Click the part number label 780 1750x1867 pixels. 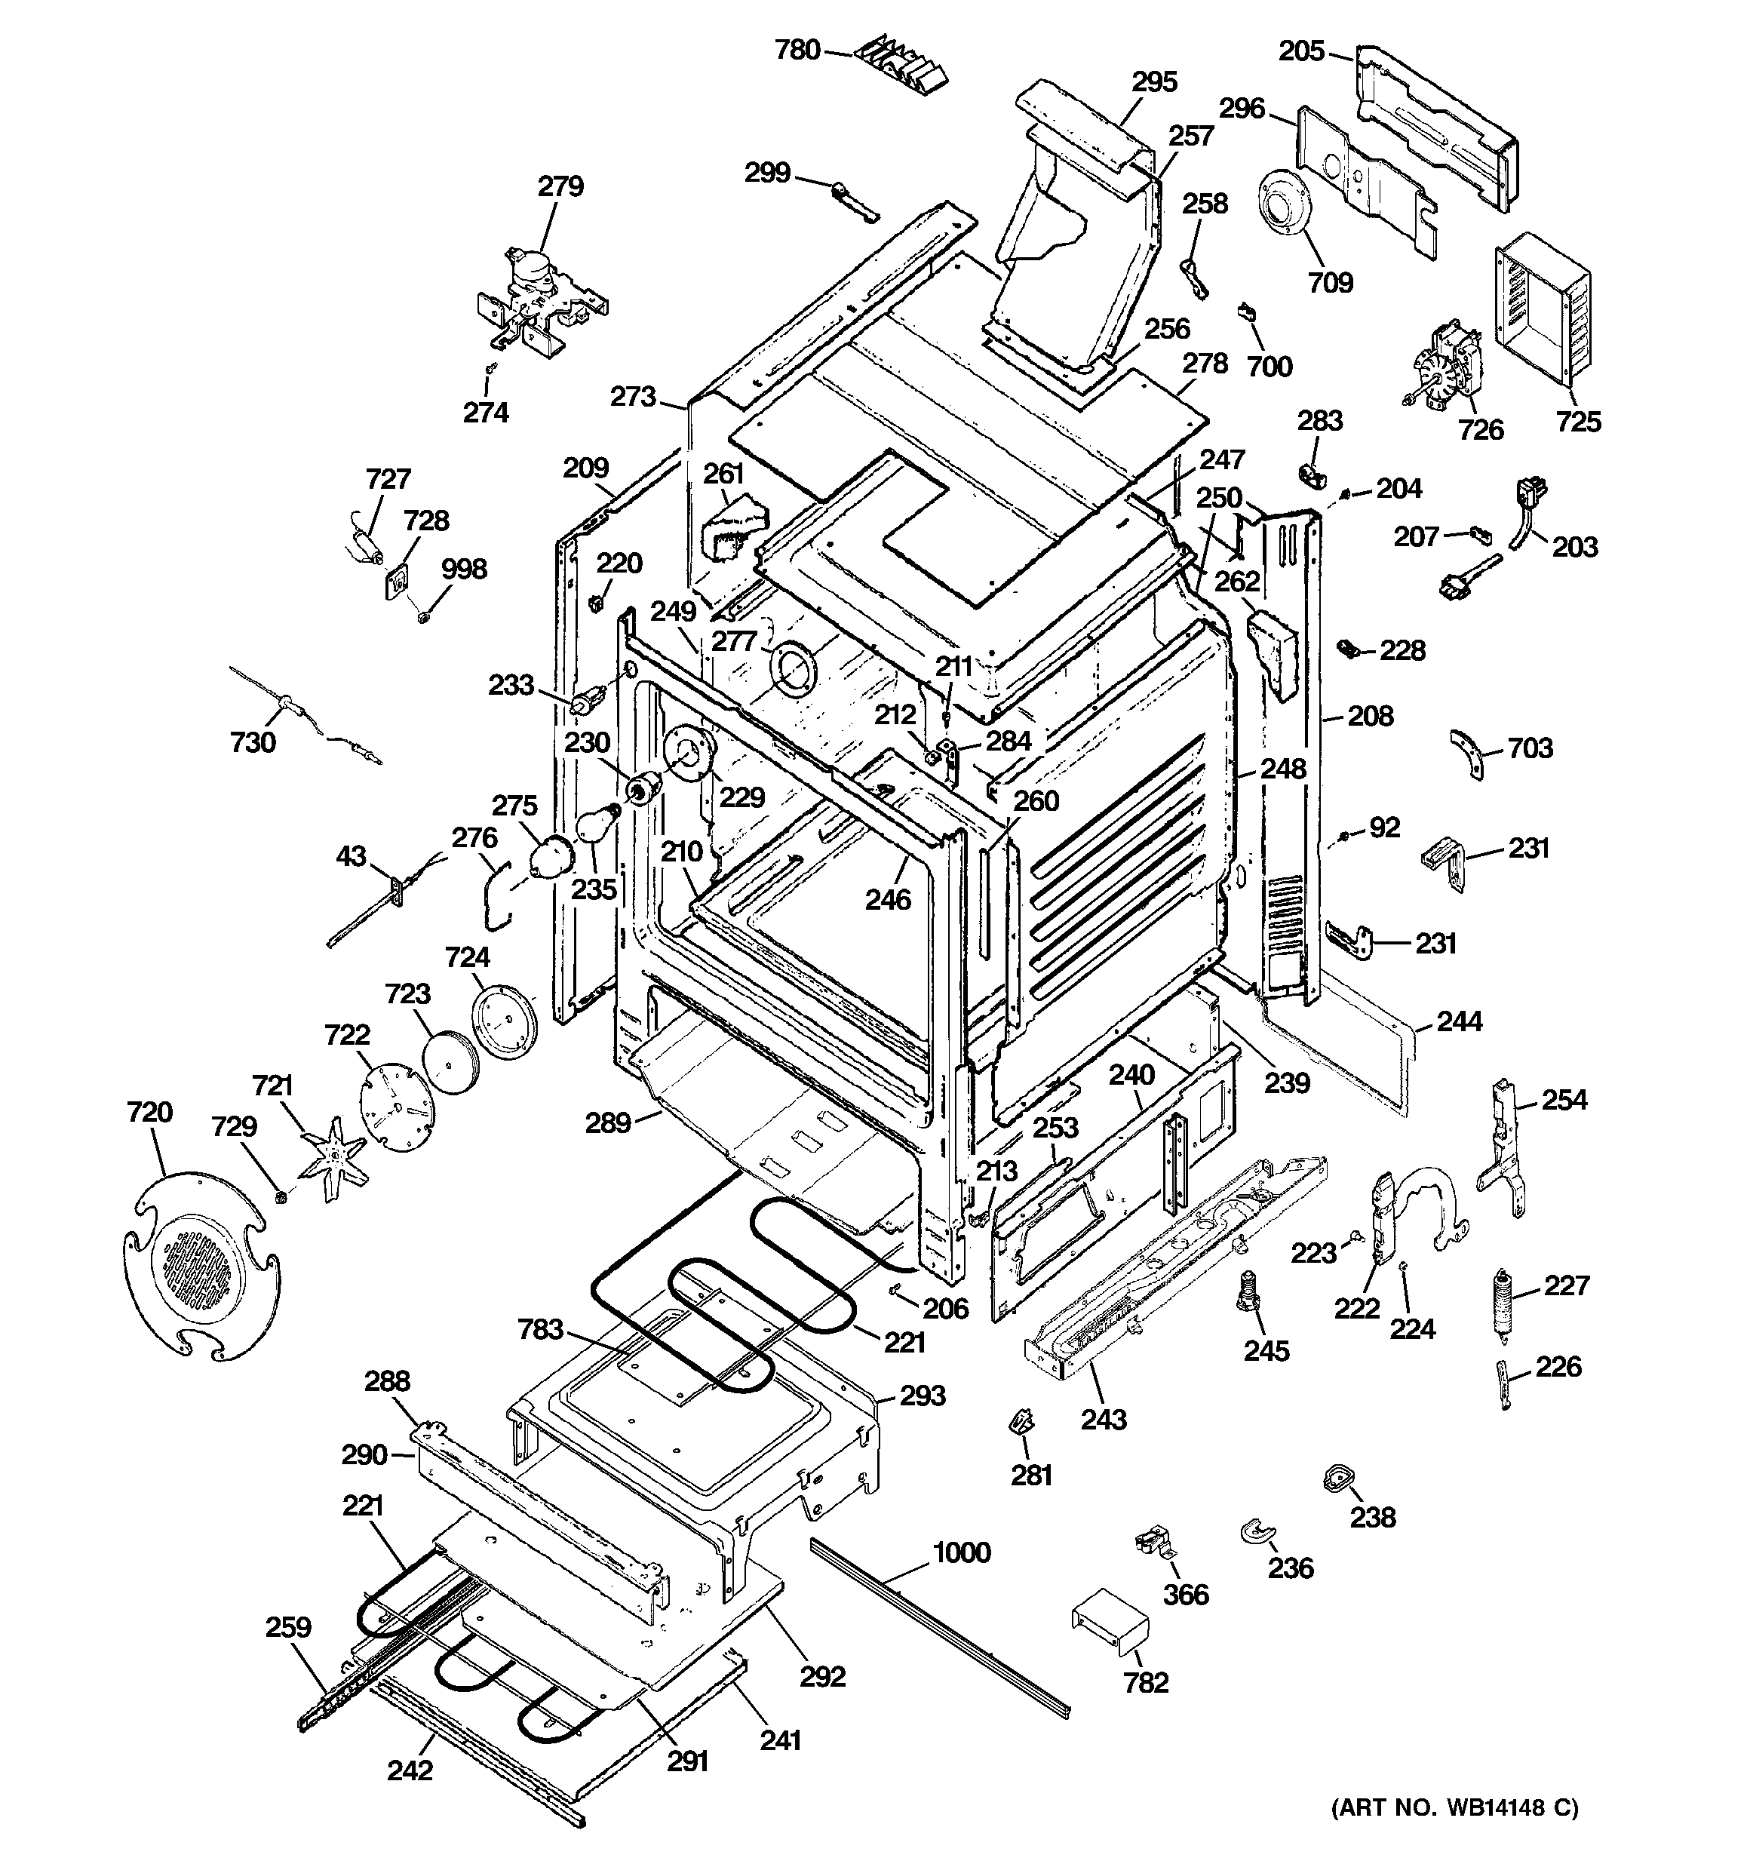[797, 50]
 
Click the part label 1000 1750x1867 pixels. [961, 1552]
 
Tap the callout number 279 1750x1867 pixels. [560, 186]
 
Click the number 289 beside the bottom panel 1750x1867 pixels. [608, 1122]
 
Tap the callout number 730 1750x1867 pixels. [253, 742]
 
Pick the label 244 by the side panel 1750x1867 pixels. [1459, 1021]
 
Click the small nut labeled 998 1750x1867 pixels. [424, 617]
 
